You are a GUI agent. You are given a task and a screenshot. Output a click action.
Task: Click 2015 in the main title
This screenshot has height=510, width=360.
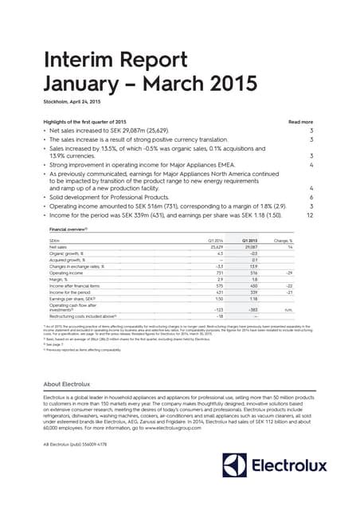231,84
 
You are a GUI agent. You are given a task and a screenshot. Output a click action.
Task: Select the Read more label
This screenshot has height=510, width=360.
300,122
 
